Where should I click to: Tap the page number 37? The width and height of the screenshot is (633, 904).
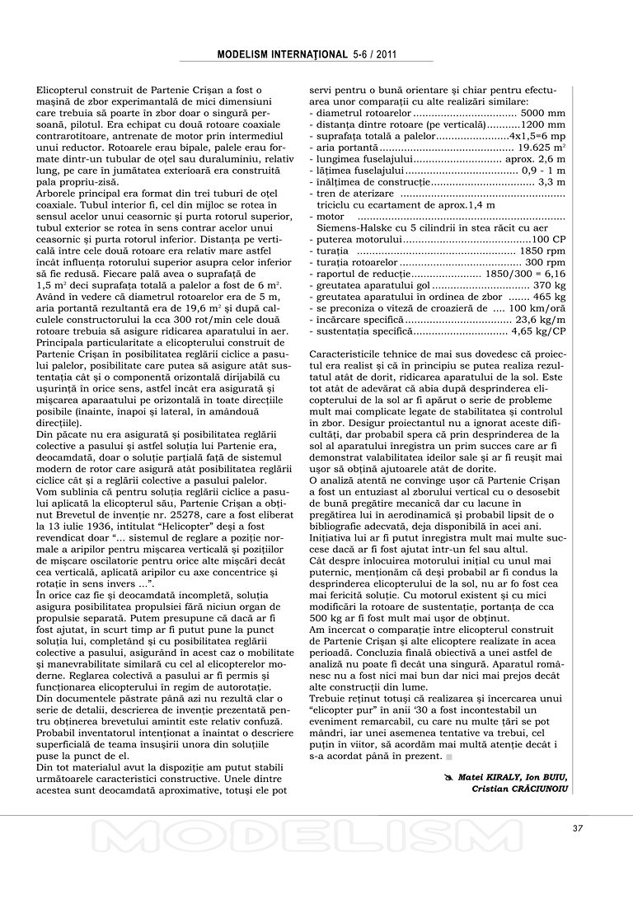tap(577, 829)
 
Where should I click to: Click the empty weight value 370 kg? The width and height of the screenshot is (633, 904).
tap(549, 284)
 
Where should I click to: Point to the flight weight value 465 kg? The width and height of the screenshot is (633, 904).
tap(549, 296)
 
